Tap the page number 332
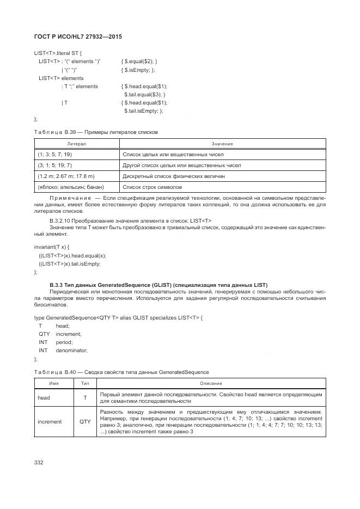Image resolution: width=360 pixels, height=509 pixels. [39, 462]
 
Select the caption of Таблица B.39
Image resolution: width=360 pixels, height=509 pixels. [96, 132]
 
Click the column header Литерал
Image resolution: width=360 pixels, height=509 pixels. [76, 144]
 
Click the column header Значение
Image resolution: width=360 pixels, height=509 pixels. [222, 144]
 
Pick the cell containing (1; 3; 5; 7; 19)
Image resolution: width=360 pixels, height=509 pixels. [54, 155]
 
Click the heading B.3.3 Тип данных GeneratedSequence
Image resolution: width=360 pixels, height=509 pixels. [158, 285]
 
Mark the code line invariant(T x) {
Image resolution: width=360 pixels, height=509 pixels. [52, 247]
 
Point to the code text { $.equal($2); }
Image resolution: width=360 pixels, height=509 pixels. [139, 62]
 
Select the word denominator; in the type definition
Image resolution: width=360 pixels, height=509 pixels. [71, 351]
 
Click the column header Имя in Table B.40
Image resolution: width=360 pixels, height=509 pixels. [54, 383]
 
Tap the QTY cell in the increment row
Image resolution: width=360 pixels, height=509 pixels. [85, 421]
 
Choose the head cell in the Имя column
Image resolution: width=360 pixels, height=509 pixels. [44, 397]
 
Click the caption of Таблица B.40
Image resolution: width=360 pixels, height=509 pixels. [121, 372]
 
